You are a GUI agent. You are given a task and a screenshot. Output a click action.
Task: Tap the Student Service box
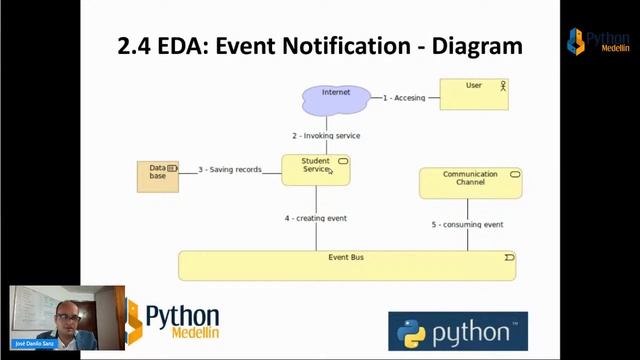tap(315, 169)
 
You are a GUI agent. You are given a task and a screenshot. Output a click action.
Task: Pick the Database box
tap(158, 176)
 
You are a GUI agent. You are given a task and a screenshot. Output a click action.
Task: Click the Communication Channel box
tap(470, 182)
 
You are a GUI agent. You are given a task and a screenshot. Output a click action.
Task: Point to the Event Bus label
tap(346, 258)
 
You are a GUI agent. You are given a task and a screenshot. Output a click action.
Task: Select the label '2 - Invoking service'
tap(326, 135)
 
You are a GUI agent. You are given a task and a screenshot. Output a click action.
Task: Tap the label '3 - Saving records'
tap(229, 170)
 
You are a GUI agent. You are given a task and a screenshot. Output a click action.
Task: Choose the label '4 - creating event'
tap(315, 218)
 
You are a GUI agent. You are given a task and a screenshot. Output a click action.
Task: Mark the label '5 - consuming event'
tap(467, 225)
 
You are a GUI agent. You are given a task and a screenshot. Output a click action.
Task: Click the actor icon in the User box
tap(503, 86)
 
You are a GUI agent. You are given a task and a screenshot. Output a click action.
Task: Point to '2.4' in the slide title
tap(139, 45)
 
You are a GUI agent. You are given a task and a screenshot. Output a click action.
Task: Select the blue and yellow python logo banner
tap(457, 332)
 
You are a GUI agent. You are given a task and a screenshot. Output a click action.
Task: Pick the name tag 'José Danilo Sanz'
tap(32, 343)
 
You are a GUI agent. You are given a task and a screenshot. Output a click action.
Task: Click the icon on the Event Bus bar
tap(509, 258)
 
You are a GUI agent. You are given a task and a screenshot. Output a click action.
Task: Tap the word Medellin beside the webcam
tap(183, 334)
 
